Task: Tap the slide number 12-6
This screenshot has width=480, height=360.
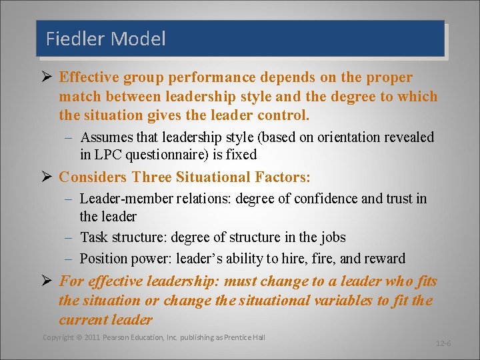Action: pos(443,343)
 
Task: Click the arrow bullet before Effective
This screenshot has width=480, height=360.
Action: pos(47,77)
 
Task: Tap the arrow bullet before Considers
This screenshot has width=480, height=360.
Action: pos(47,177)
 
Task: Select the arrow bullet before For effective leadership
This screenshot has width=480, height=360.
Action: pos(47,282)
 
